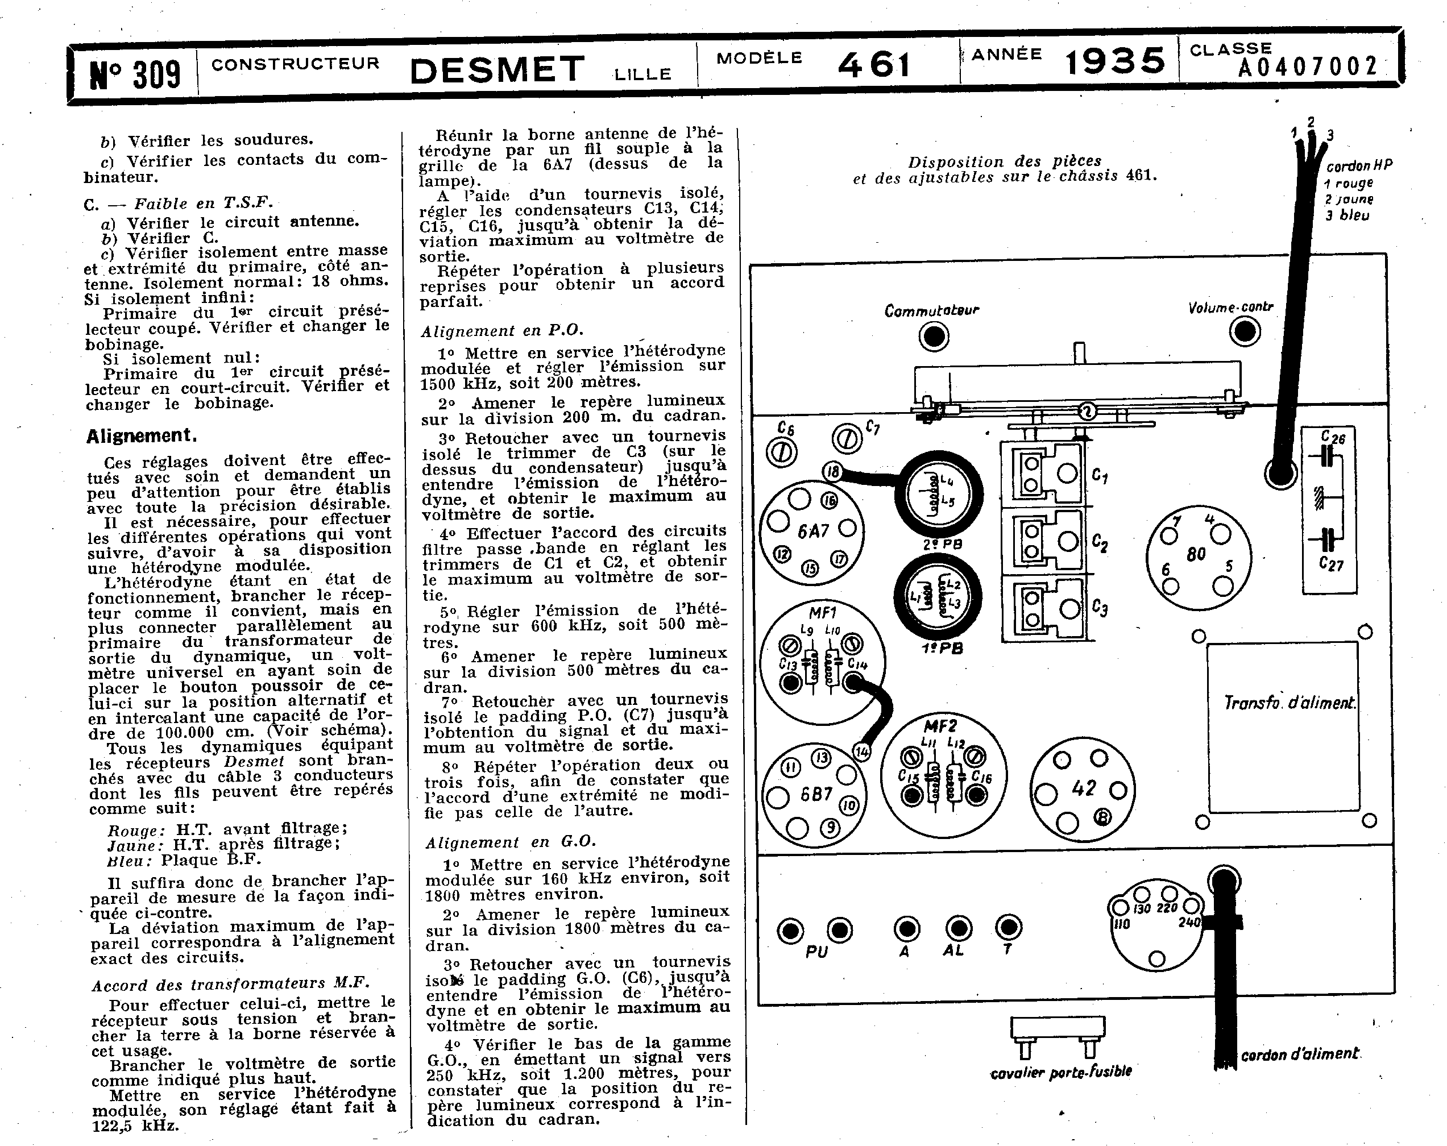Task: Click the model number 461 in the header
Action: [x=874, y=65]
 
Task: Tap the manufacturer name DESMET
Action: [x=497, y=70]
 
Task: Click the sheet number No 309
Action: [x=135, y=74]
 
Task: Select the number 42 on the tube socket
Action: [x=1083, y=788]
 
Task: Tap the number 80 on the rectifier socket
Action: [x=1196, y=554]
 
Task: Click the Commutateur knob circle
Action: [x=934, y=336]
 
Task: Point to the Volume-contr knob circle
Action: [x=1245, y=331]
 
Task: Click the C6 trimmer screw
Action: [x=782, y=451]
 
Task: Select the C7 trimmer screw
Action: [x=847, y=439]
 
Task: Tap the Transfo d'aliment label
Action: [x=1288, y=703]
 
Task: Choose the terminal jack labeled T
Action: [x=1007, y=928]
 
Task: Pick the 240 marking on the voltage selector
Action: [x=1189, y=923]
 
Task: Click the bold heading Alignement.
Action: [x=142, y=436]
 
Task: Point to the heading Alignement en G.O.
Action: [x=511, y=842]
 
